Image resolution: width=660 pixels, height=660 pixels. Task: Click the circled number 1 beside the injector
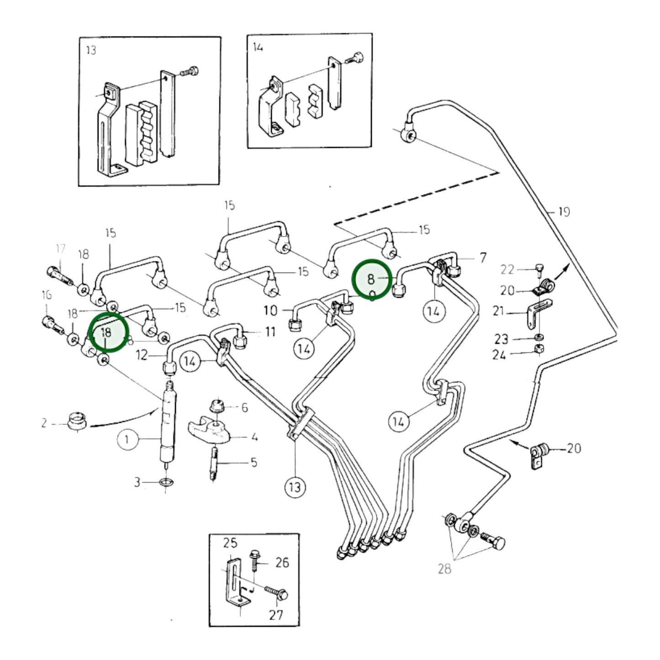click(127, 439)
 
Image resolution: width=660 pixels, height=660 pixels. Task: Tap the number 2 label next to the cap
click(44, 423)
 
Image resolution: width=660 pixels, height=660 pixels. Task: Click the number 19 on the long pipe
click(564, 212)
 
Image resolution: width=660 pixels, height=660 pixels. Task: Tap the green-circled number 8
click(371, 279)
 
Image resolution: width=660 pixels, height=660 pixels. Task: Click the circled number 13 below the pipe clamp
click(295, 487)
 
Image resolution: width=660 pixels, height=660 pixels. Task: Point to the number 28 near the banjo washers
click(444, 569)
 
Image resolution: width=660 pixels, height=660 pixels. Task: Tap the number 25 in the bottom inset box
click(230, 543)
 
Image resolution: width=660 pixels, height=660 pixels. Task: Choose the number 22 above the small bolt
click(507, 269)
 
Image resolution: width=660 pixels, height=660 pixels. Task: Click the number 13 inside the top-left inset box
click(91, 50)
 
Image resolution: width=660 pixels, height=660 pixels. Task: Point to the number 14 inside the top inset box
click(258, 47)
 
